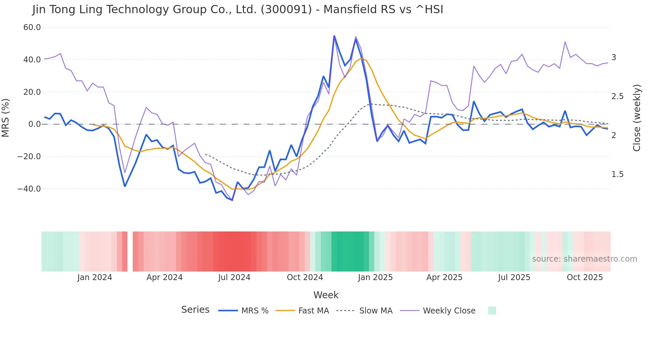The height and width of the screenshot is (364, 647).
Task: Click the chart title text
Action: [x=238, y=10]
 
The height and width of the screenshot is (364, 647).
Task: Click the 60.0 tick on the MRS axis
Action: [x=32, y=27]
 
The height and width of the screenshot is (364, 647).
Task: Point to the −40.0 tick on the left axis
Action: [x=29, y=189]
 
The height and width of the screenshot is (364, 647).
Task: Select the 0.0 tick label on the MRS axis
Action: [x=34, y=124]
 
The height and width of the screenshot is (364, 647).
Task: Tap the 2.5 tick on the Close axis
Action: [x=617, y=96]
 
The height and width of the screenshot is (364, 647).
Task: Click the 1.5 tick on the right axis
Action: [x=617, y=174]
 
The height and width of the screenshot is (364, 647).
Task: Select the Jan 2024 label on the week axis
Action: [x=95, y=277]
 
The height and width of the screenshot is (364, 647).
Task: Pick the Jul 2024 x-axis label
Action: [x=234, y=277]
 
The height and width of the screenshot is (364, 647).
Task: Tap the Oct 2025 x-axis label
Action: [x=585, y=277]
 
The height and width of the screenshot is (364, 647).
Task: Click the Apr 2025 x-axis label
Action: [x=444, y=277]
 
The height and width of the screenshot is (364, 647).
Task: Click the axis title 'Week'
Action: [x=326, y=295]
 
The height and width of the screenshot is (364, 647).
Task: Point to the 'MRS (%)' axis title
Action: [x=6, y=118]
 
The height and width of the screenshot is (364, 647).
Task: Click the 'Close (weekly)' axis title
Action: [x=637, y=118]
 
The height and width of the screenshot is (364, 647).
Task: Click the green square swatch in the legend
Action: [x=492, y=310]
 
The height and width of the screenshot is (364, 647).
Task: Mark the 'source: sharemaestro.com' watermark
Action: [x=584, y=259]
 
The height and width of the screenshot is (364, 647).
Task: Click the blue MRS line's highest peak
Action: [x=334, y=36]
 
